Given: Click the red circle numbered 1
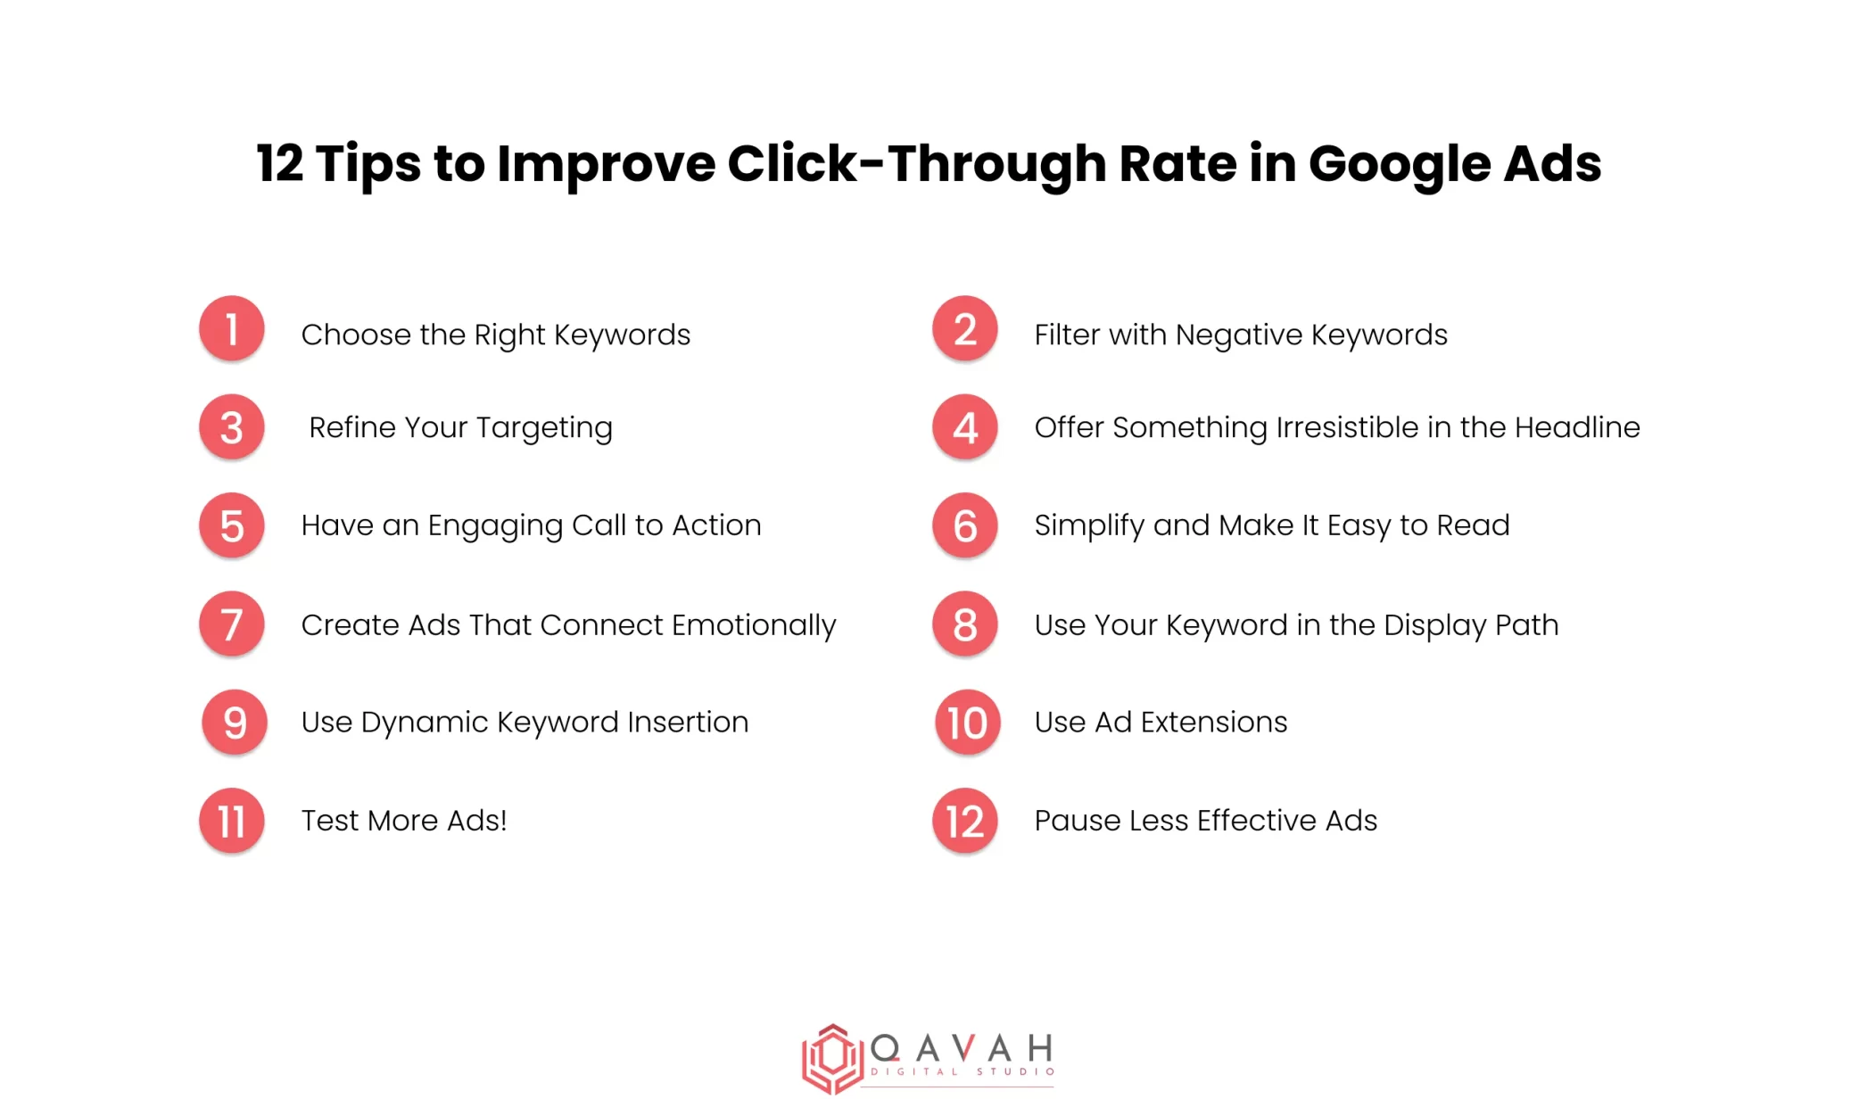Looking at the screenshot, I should point(232,329).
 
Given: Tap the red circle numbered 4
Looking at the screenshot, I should point(964,427).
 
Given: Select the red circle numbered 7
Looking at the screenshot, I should point(232,624).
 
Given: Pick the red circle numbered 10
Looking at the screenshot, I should point(967,722).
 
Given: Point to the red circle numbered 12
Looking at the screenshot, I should point(964,821).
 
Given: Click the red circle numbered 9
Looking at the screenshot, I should point(235,722).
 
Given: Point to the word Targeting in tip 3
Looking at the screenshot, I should point(544,429).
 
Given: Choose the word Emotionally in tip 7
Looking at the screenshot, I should point(754,625).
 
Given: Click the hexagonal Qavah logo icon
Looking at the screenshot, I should point(831,1058).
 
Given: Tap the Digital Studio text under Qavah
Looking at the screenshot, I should point(963,1071).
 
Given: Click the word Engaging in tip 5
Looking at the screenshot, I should point(495,526).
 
